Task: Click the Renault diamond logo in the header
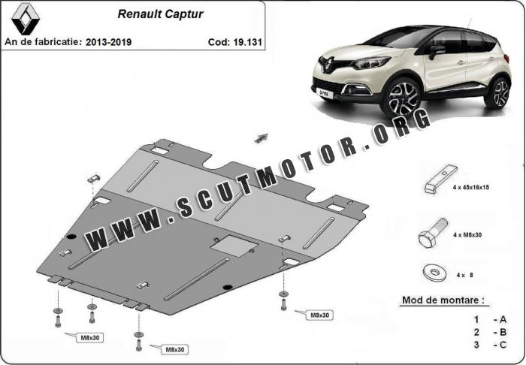[x=25, y=19]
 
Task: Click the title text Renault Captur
[x=160, y=14]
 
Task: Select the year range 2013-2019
[x=108, y=42]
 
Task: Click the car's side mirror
[x=437, y=51]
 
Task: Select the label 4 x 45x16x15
[x=470, y=187]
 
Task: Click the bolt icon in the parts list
[x=433, y=233]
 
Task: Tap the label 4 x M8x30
[x=467, y=235]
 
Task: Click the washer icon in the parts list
[x=435, y=273]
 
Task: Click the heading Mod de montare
[x=443, y=300]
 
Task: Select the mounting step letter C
[x=503, y=345]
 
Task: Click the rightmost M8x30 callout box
[x=319, y=315]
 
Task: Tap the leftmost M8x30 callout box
[x=90, y=337]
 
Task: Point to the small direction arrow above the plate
[x=261, y=137]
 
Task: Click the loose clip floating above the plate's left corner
[x=94, y=179]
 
